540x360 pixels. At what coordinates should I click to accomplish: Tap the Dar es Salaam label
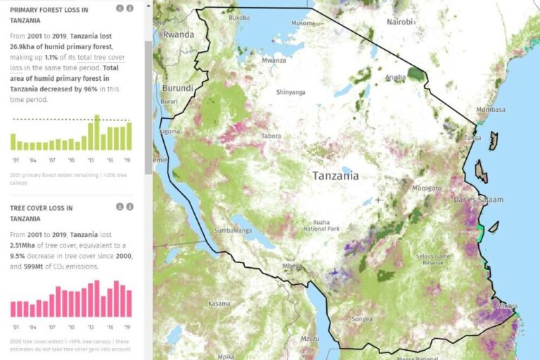click(478, 200)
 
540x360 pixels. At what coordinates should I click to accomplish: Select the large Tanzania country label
click(335, 176)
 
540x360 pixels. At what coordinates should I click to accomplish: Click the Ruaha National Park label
click(321, 224)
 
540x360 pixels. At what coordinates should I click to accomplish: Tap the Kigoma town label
click(169, 131)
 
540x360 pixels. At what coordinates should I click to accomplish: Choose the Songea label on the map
click(361, 319)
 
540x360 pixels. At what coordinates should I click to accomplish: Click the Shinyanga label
click(290, 92)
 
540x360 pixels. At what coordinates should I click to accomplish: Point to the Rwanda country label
click(179, 34)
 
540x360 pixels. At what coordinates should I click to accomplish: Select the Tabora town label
click(271, 136)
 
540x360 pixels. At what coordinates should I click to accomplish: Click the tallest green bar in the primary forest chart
click(97, 133)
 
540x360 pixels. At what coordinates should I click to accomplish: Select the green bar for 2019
click(129, 136)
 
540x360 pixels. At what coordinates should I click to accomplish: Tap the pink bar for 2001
click(14, 309)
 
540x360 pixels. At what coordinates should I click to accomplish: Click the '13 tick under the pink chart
click(91, 327)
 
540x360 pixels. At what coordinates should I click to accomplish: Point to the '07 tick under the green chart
click(52, 160)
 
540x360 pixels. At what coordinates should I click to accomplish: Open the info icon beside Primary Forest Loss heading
click(129, 8)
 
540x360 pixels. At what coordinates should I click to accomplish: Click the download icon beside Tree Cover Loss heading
click(119, 207)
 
